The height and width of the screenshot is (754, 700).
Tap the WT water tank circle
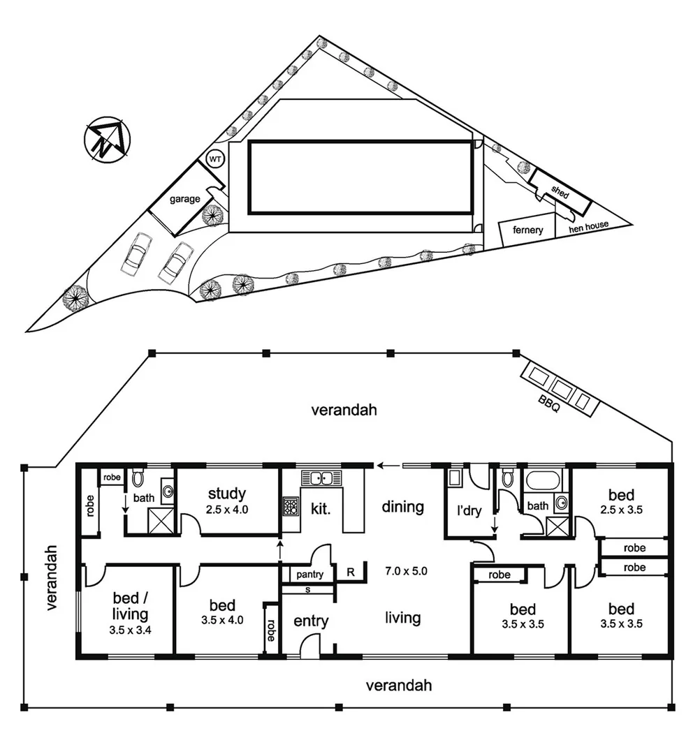tap(216, 159)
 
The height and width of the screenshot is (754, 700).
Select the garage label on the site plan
tap(184, 199)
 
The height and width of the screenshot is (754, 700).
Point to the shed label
tap(561, 191)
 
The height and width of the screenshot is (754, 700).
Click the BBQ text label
tap(549, 404)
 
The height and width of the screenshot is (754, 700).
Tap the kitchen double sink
tap(321, 479)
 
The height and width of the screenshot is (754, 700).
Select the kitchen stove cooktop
tap(291, 505)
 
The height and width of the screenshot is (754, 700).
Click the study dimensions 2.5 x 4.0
tap(227, 509)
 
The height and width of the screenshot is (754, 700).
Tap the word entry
tap(311, 621)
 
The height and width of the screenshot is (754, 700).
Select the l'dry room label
tap(469, 511)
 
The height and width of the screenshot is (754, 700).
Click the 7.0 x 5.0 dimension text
tap(405, 570)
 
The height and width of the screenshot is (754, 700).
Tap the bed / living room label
tap(130, 606)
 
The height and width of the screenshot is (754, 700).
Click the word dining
tap(402, 506)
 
